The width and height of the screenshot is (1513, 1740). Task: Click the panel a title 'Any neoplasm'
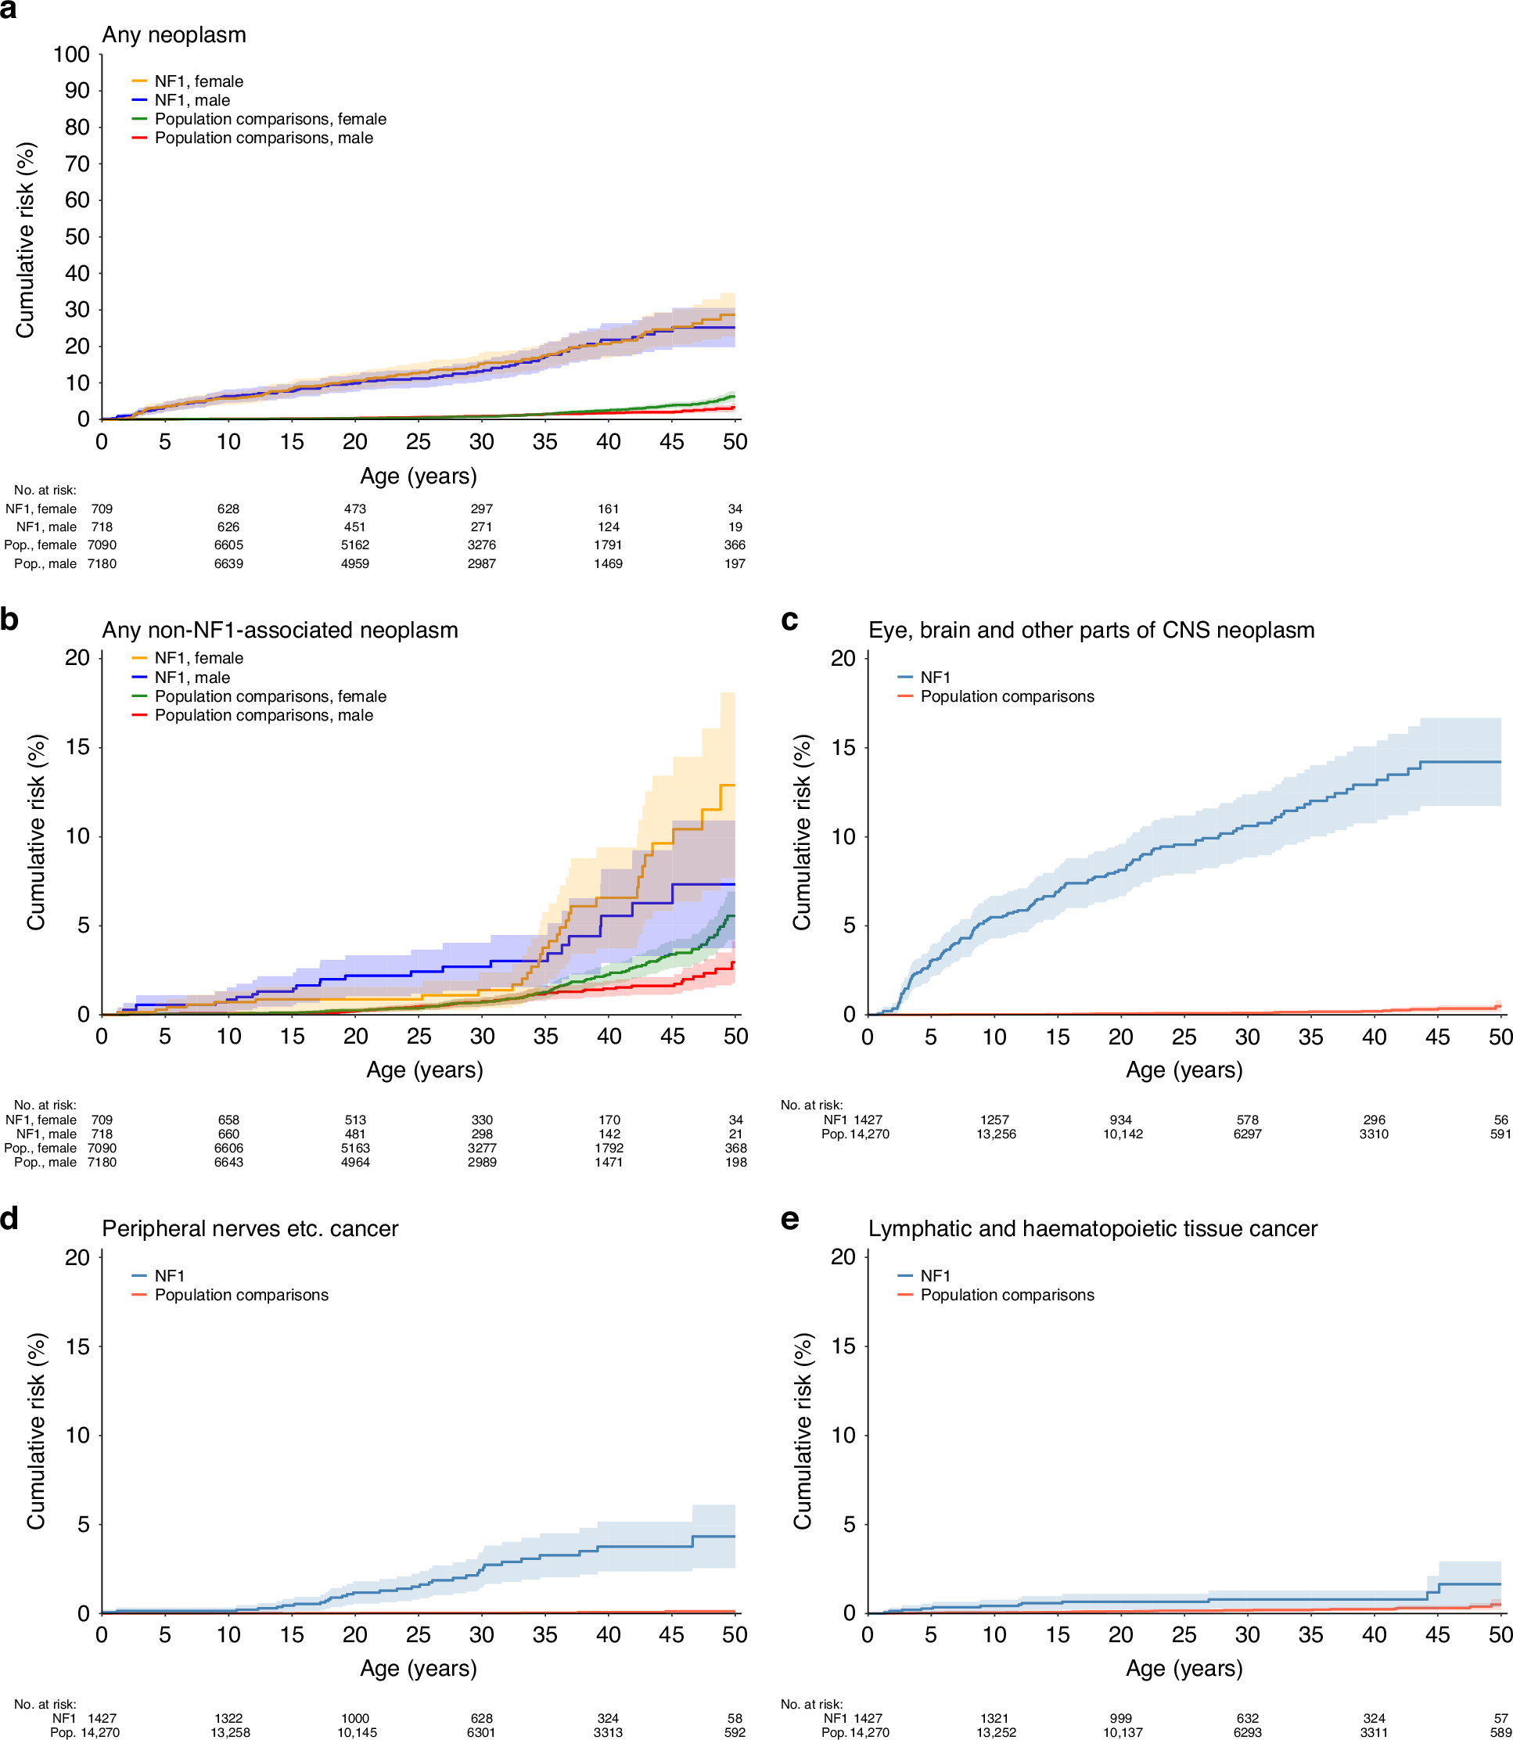coord(174,34)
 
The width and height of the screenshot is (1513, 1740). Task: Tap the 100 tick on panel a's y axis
coord(72,55)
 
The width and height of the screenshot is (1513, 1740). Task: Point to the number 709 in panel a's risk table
coord(102,509)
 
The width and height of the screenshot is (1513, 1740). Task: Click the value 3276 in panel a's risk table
coord(481,545)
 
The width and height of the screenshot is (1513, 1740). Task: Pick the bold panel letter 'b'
coord(9,620)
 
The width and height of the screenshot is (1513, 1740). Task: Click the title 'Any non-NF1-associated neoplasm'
coord(279,631)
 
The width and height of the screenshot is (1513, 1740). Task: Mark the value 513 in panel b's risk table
coord(355,1120)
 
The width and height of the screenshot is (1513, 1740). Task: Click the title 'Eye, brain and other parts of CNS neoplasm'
coord(1091,631)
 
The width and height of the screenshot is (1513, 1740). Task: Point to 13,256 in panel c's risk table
coord(997,1134)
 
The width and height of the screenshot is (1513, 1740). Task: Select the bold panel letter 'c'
coord(789,620)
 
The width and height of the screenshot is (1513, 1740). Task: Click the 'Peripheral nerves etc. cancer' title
coord(250,1228)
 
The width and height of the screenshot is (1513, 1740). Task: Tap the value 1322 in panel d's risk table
coord(228,1718)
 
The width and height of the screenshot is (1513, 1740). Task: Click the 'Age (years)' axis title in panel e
coord(1184,1668)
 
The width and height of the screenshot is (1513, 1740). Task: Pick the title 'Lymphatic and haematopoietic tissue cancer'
coord(1093,1228)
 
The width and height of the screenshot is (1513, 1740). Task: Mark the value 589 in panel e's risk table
coord(1500,1732)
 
